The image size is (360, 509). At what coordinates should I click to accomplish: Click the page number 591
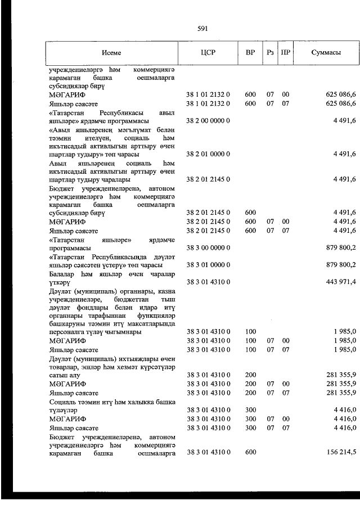point(203,28)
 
